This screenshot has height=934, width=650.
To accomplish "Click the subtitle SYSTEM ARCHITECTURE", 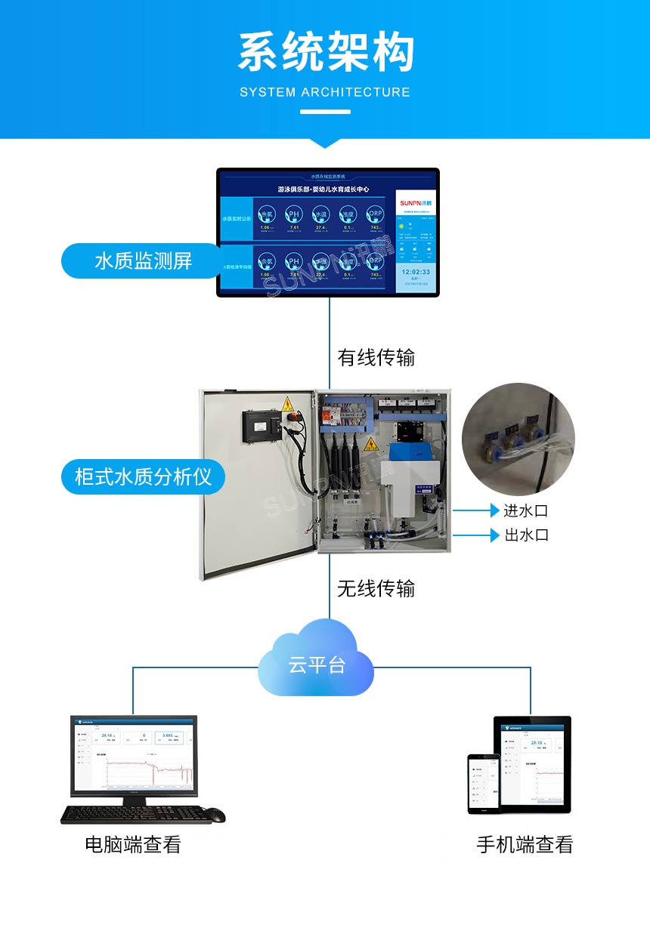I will (325, 92).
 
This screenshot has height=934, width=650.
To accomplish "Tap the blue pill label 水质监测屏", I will (143, 260).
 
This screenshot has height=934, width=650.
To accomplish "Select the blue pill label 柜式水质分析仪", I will (143, 476).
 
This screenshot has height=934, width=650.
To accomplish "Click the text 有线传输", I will (376, 357).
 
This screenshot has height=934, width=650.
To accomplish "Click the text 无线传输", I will (376, 587).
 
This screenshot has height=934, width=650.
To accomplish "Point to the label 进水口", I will (526, 510).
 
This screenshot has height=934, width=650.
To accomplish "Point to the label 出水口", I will (526, 535).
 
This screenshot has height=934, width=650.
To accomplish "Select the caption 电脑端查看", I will (133, 844).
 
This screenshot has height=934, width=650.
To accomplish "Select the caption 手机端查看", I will (525, 844).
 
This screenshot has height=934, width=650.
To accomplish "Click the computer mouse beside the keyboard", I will (215, 815).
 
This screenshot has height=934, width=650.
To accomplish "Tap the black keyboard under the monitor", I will (136, 814).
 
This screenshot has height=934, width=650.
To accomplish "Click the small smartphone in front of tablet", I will (483, 784).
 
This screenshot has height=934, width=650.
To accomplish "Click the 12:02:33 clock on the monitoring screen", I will (415, 271).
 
